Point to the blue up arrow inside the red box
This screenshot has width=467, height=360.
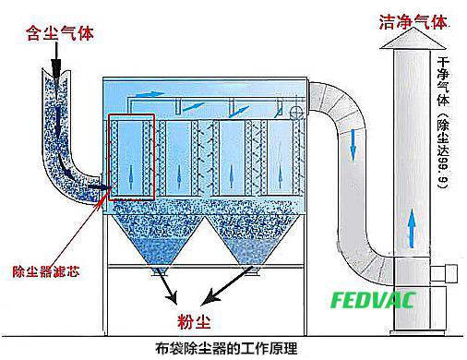click(130, 175)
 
